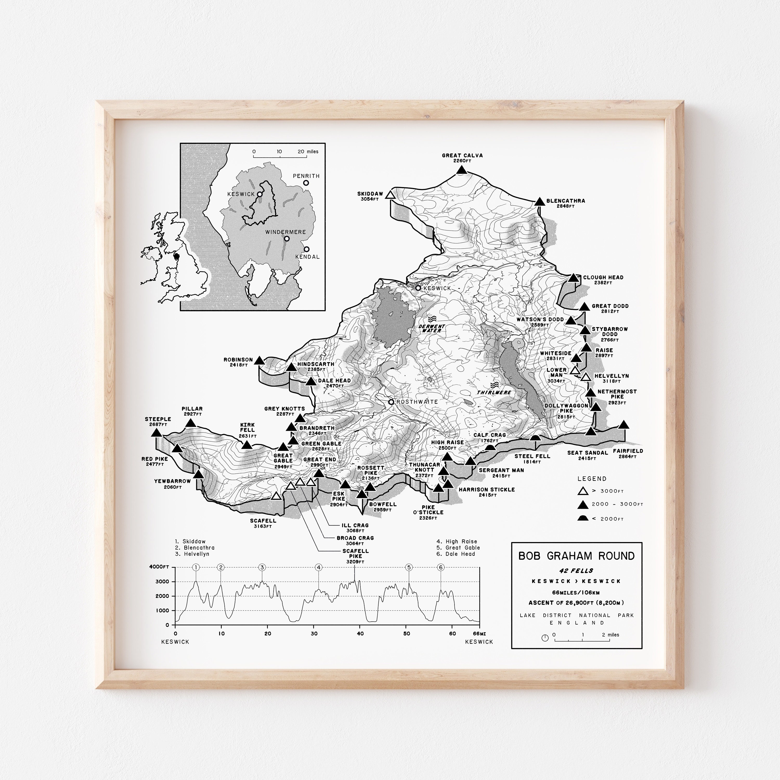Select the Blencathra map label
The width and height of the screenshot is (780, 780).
tap(565, 201)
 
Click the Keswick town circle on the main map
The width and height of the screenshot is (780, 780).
tap(418, 288)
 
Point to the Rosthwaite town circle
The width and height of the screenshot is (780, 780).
tap(391, 402)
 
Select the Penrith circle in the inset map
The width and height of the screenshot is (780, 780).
tap(306, 183)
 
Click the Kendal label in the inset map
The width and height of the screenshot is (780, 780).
tap(307, 257)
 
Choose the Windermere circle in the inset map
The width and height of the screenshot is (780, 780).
tap(287, 239)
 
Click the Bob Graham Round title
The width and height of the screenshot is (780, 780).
tap(576, 556)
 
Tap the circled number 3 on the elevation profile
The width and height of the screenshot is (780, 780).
tap(262, 567)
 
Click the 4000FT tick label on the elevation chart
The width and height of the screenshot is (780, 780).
tap(159, 567)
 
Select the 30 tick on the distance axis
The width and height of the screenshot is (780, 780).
tap(314, 633)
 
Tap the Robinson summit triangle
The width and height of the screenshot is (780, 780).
tap(259, 361)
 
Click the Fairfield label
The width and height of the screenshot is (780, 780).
tap(628, 451)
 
